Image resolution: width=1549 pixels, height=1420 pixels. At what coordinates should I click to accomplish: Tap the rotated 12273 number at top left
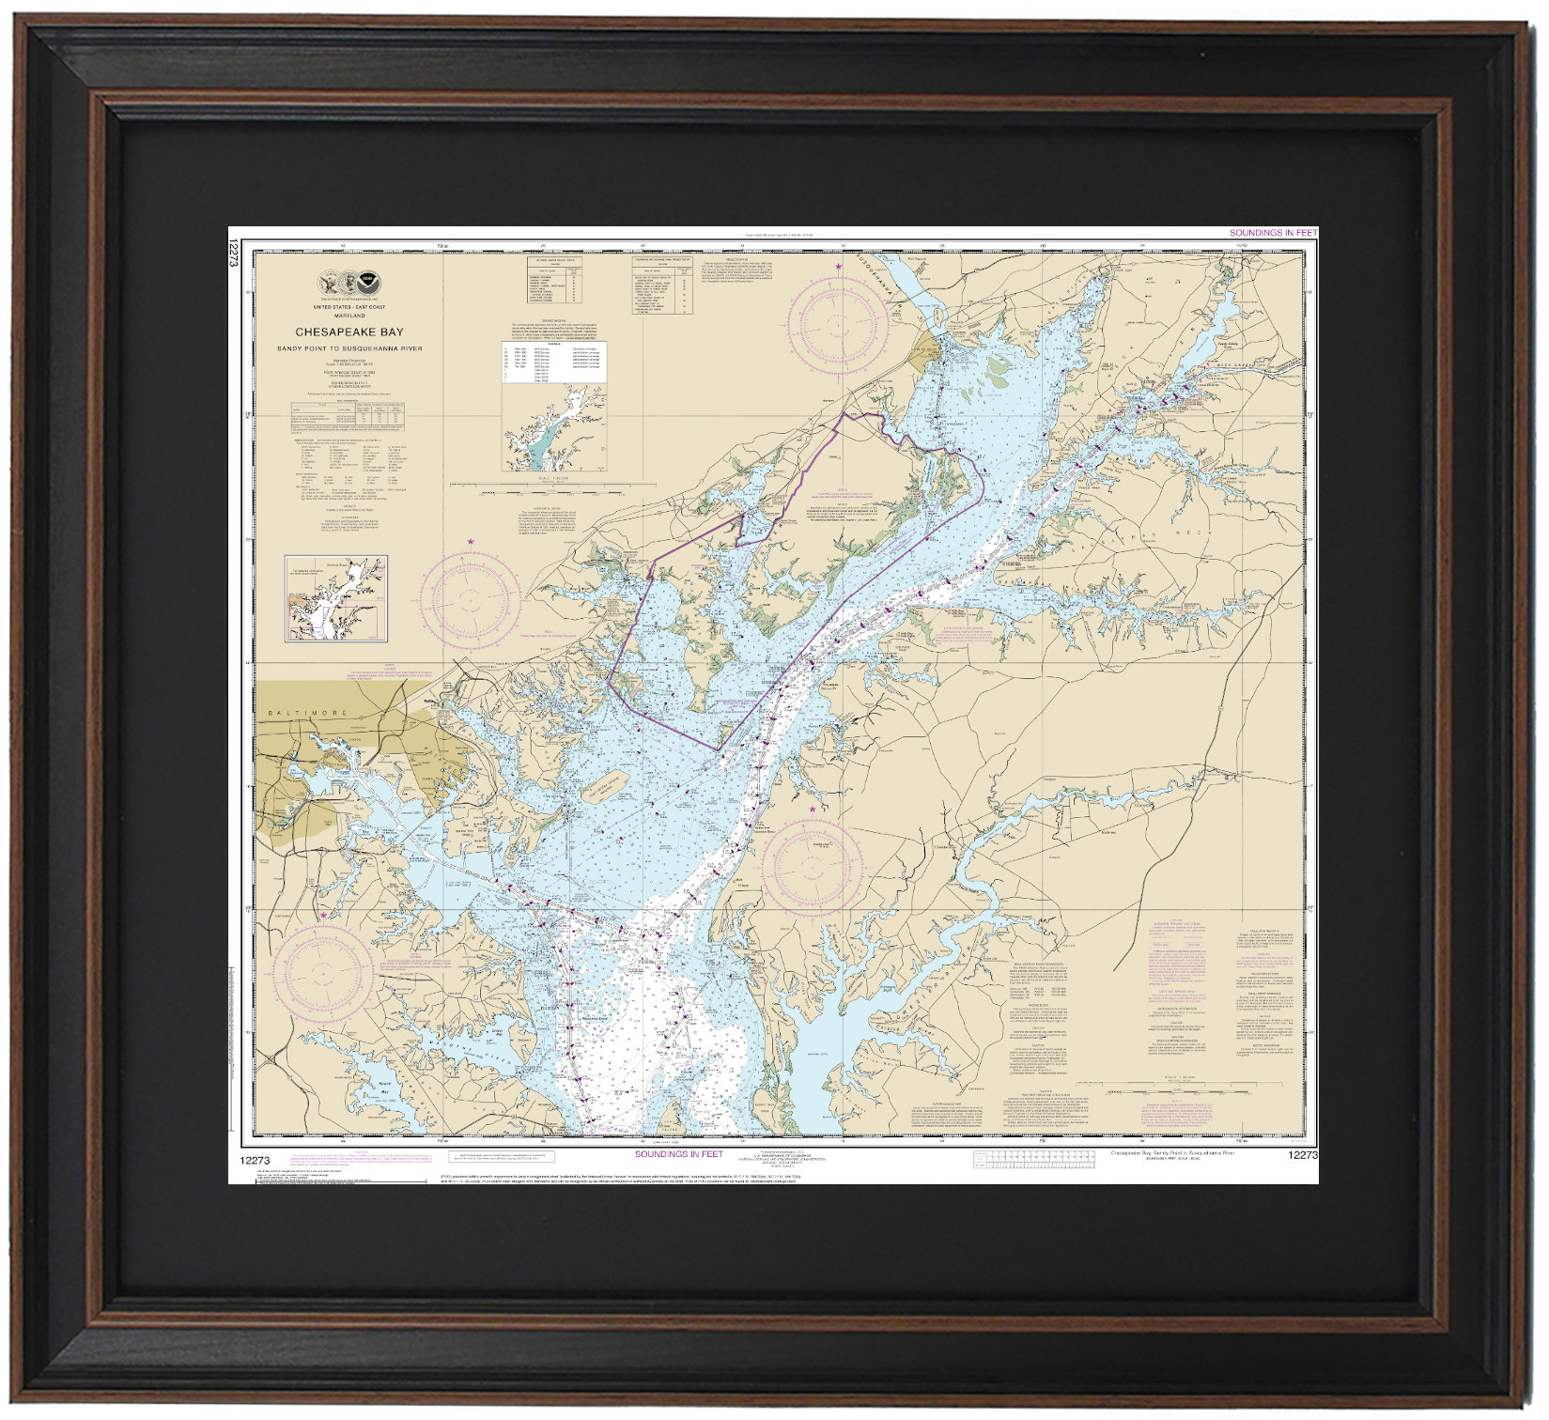[x=234, y=255]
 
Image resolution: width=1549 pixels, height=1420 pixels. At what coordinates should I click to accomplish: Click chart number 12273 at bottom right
[x=1303, y=1155]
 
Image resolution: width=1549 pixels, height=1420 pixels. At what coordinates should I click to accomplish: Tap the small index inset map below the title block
[x=336, y=598]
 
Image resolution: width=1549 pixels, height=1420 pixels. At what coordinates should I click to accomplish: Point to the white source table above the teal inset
[x=554, y=363]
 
